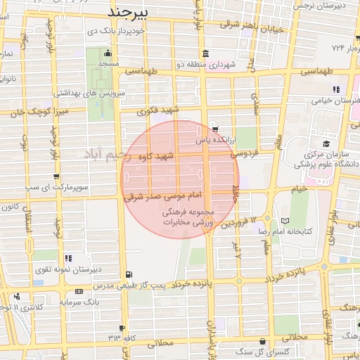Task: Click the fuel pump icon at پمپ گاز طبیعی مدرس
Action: [127, 274]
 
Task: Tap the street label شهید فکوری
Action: [160, 110]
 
